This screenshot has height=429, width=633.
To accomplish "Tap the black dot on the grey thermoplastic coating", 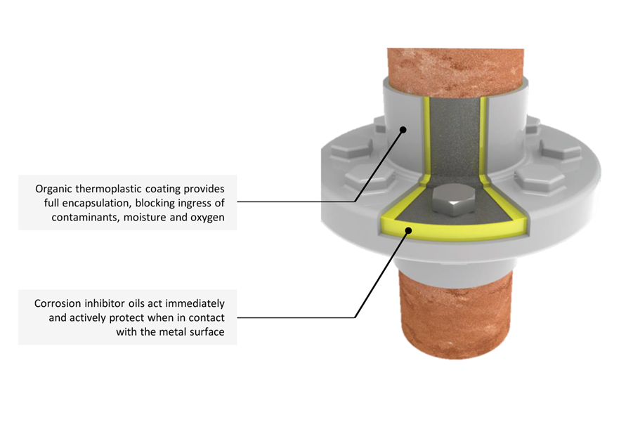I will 403,128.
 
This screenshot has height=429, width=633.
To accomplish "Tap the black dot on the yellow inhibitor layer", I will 407,228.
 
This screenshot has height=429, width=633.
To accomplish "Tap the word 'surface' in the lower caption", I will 205,331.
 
